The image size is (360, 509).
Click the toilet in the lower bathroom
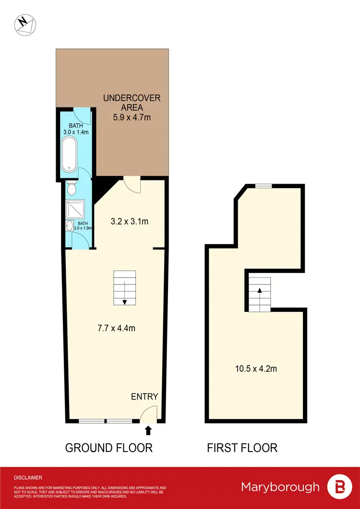click(72, 189)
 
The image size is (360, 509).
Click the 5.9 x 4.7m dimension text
click(132, 117)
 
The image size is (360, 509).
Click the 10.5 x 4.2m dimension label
click(255, 369)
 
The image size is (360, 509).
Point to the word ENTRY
click(144, 396)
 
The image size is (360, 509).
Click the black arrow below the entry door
click(148, 430)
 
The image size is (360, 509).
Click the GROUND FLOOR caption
click(109, 448)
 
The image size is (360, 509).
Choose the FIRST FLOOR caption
click(242, 448)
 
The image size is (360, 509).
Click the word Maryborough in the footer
click(280, 487)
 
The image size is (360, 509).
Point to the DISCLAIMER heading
click(28, 478)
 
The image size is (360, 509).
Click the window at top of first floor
click(263, 186)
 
